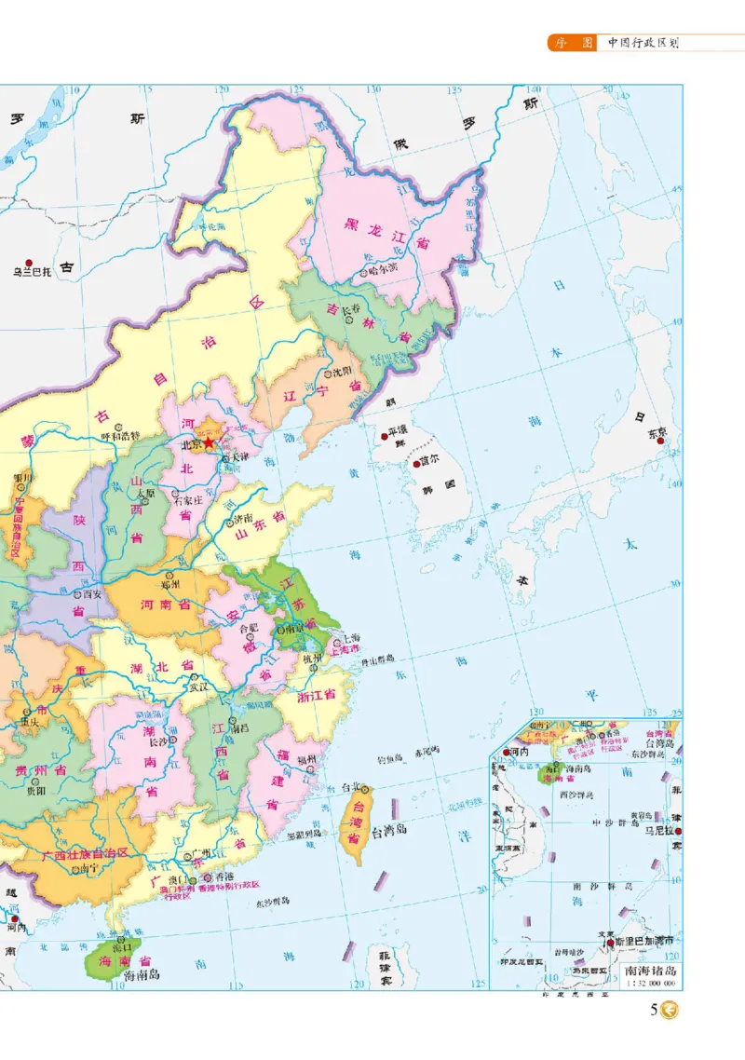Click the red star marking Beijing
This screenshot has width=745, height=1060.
click(x=209, y=445)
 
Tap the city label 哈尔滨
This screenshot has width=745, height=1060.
click(x=382, y=272)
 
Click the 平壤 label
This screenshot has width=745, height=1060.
click(x=399, y=434)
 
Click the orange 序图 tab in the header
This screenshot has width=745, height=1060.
click(x=571, y=42)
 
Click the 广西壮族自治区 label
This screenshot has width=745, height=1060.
click(x=83, y=853)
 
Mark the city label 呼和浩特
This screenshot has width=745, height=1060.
click(x=120, y=435)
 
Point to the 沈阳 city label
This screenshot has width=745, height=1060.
click(x=344, y=372)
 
